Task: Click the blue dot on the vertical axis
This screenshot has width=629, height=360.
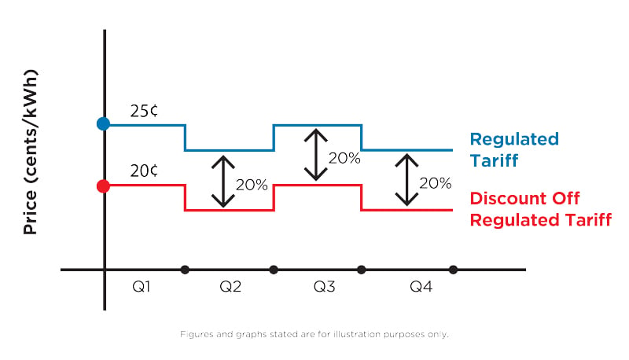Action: point(104,124)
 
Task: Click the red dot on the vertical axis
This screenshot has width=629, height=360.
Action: point(104,186)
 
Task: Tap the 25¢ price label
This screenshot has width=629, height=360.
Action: point(144,111)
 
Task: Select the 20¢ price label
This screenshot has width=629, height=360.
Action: point(144,171)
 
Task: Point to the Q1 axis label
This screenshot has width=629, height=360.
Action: point(142,287)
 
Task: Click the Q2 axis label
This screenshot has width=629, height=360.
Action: point(230,287)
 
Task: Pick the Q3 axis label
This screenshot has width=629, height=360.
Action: point(324,287)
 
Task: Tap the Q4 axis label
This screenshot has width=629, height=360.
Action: point(421,287)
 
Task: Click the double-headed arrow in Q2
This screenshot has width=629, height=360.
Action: point(223,182)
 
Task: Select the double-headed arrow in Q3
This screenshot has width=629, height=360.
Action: point(316,154)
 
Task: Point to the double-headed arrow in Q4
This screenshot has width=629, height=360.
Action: point(406,179)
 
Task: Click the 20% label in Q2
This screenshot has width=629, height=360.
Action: point(252,185)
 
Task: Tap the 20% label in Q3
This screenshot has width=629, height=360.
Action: point(344,158)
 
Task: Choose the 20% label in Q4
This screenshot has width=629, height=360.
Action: point(436,183)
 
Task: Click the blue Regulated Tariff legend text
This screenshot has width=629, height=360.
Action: point(514,150)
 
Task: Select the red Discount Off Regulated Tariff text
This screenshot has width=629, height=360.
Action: point(541,209)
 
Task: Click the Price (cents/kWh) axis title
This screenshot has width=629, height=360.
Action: point(30,152)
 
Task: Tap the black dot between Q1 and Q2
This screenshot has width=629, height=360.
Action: point(185,270)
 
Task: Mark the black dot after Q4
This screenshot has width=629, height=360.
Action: point(454,270)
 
